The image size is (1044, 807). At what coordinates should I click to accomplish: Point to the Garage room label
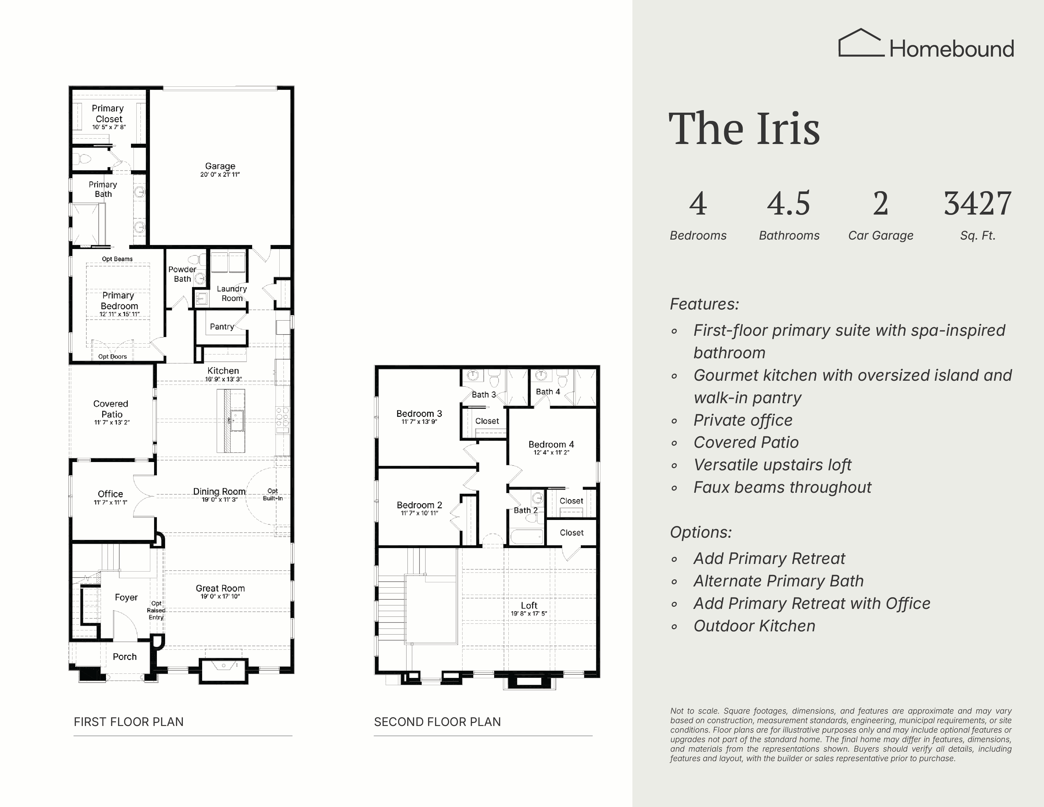220,166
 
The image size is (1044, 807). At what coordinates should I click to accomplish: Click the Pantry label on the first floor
222,327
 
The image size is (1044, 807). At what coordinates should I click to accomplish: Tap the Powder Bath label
182,274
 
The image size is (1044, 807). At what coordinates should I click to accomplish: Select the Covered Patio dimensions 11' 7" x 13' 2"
112,422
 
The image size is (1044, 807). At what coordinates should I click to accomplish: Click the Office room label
110,494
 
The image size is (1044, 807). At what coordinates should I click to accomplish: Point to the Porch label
125,656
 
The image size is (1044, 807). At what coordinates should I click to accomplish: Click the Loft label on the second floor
529,605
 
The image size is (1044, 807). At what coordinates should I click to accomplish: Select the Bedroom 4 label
551,444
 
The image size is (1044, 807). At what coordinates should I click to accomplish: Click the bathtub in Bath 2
527,536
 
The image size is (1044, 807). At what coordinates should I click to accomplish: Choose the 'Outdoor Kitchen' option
754,626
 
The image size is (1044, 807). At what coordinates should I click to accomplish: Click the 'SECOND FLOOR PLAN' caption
438,722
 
